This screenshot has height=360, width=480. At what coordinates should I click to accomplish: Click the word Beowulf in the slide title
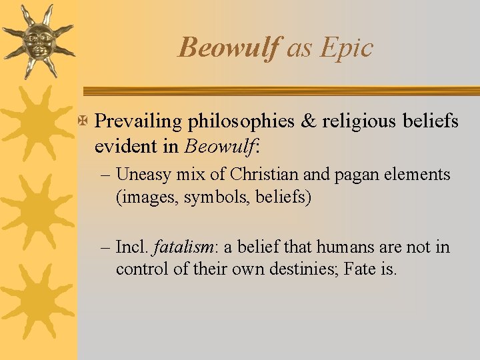(228, 48)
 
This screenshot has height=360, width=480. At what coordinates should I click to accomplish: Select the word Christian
(261, 175)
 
